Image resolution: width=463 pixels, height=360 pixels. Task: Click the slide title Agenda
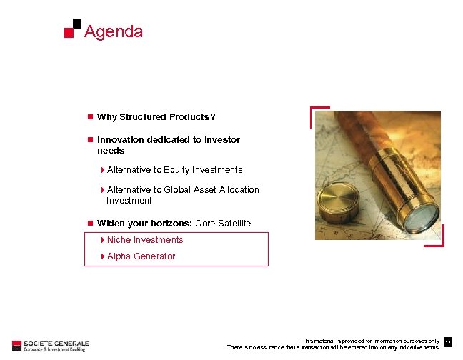pos(113,32)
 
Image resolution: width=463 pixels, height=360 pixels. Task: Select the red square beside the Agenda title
pos(69,33)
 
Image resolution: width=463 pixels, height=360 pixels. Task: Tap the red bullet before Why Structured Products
pos(89,117)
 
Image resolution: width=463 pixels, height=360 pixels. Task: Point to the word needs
pos(111,151)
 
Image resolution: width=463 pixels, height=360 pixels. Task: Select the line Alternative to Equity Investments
pos(174,170)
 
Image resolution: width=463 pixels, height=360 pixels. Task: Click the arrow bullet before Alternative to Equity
pos(103,170)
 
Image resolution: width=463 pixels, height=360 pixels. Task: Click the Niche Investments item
pos(145,240)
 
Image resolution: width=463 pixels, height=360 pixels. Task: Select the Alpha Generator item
pos(141,256)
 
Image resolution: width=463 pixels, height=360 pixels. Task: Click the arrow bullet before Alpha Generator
pos(103,256)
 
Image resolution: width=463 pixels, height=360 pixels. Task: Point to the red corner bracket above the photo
pos(318,114)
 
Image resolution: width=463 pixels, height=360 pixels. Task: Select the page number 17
pos(448,344)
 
